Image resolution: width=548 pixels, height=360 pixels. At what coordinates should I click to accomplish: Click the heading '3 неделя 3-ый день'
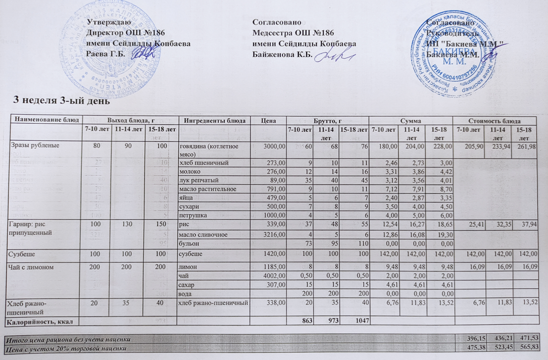coord(61,100)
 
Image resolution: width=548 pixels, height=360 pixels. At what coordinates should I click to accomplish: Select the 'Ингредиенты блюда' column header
coord(215,120)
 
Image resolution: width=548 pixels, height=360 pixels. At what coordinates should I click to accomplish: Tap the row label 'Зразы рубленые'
coord(32,146)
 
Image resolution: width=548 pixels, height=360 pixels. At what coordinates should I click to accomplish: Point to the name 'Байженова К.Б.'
coord(283,54)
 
